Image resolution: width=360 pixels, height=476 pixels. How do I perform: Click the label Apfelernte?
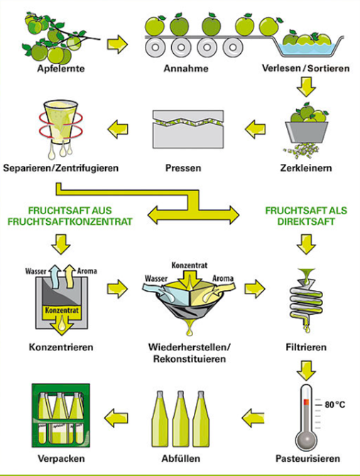61,68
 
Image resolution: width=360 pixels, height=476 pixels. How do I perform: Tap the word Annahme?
186,68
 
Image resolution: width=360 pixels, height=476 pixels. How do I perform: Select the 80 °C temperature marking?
335,404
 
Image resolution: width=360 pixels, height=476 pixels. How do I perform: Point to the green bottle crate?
61,416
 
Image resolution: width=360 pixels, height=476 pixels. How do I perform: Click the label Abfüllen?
181,458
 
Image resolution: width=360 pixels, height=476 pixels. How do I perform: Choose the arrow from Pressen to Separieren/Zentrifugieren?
118,129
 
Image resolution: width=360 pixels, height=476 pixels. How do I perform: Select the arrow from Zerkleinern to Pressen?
255,129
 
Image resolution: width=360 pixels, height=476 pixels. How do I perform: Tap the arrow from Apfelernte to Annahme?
118,44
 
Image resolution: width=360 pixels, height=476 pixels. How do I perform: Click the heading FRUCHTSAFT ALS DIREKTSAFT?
306,216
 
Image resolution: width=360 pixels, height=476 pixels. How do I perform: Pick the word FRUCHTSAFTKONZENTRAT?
70,221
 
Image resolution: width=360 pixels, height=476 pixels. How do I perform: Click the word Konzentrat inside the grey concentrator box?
62,310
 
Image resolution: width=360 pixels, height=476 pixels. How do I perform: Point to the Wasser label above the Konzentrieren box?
36,271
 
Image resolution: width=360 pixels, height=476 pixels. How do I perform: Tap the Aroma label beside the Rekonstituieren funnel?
223,278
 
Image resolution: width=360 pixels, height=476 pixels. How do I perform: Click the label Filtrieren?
306,347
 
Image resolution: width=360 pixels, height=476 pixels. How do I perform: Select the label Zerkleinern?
306,168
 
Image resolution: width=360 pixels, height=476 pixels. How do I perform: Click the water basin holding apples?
310,45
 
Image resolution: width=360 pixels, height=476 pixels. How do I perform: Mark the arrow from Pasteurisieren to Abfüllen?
253,418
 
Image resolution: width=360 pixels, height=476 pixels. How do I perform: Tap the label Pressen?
183,168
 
